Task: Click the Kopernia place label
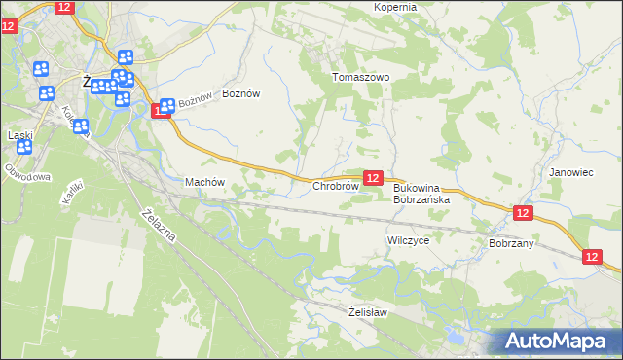pos(395,7)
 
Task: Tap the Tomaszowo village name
pos(360,77)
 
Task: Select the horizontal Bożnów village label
pos(241,93)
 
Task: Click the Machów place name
pos(204,182)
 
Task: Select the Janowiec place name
pos(570,172)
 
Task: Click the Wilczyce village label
pos(408,239)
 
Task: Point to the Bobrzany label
pos(511,243)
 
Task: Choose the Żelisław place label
pos(368,312)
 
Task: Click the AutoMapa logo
pos(556,341)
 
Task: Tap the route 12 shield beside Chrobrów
pos(372,177)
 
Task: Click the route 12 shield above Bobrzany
pos(523,212)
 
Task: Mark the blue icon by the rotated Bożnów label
pos(166,106)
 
